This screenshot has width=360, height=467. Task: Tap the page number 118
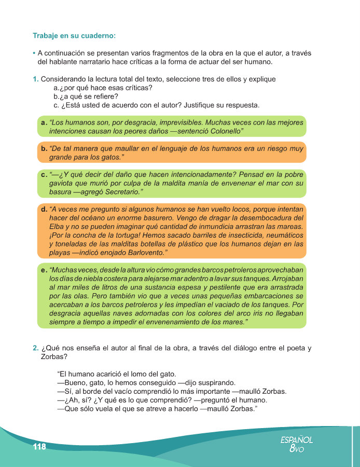pyautogui.click(x=39, y=447)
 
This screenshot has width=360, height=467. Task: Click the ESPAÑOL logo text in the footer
pyautogui.click(x=296, y=439)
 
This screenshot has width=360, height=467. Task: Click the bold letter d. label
pyautogui.click(x=44, y=209)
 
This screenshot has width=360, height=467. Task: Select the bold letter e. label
pyautogui.click(x=44, y=270)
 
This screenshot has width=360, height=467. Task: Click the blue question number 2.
pyautogui.click(x=35, y=348)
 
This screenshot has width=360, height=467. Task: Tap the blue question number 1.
pyautogui.click(x=35, y=79)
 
